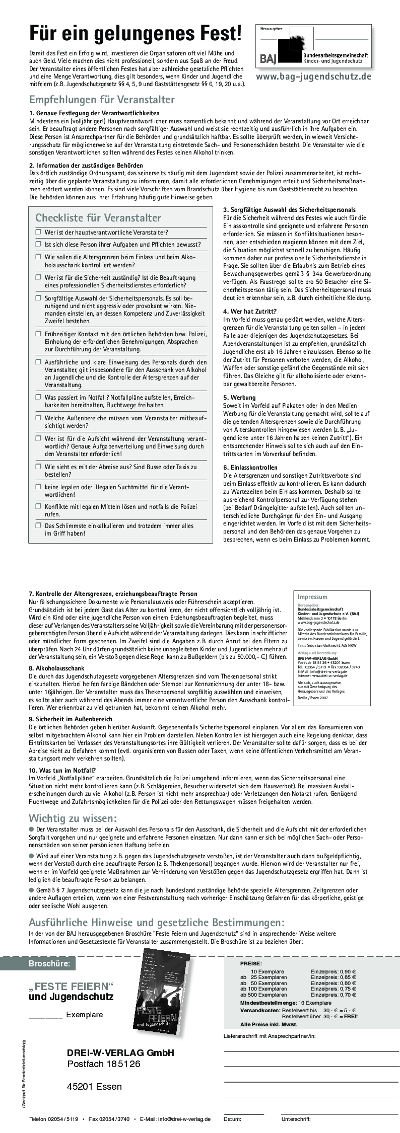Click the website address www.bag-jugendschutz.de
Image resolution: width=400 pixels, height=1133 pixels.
[x=313, y=76]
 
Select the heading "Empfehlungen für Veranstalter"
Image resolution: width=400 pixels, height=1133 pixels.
[x=102, y=99]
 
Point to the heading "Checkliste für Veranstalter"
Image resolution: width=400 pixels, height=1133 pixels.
[x=98, y=218]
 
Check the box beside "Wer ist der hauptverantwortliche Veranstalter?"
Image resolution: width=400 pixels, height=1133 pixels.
[x=38, y=232]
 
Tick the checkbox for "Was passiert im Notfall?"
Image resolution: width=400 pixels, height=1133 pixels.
[x=38, y=397]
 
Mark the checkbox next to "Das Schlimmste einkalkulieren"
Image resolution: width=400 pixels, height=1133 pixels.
[x=38, y=525]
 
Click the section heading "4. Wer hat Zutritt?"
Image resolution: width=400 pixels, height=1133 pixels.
[x=249, y=311]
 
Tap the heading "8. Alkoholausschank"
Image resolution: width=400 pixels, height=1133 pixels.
[x=56, y=668]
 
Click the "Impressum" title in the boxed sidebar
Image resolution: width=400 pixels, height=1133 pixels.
[x=312, y=597]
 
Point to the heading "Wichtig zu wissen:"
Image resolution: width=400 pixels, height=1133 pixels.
[x=73, y=817]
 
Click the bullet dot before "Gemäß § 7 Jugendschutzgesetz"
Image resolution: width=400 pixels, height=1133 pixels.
[x=31, y=889]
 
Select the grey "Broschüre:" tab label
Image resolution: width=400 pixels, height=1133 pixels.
[x=52, y=964]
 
